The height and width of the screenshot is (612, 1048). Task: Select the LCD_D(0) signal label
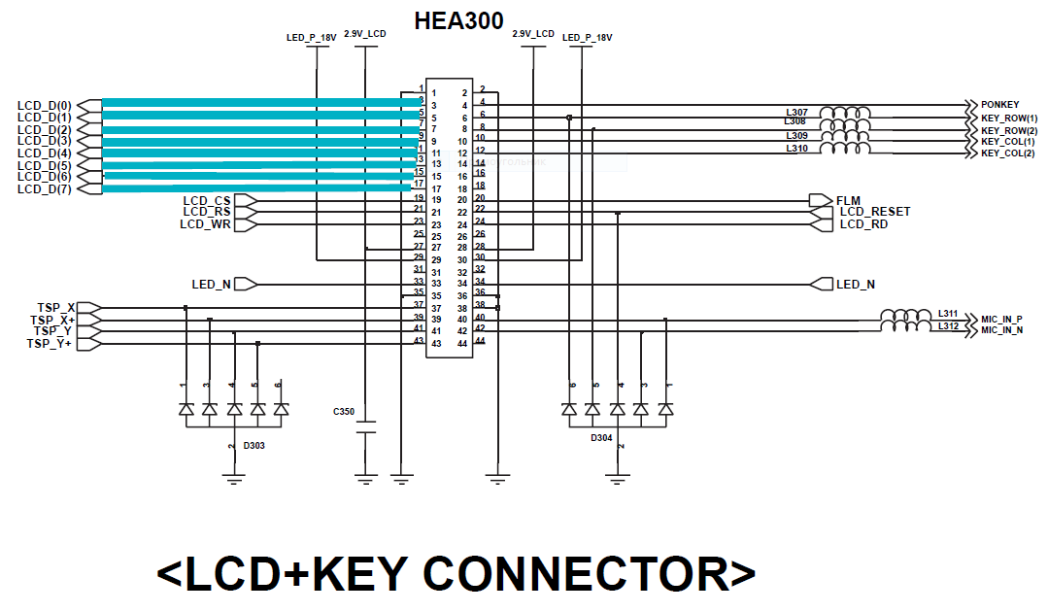(x=45, y=105)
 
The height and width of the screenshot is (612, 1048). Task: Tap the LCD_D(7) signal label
(x=45, y=188)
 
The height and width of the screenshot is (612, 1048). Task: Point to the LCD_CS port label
(x=207, y=201)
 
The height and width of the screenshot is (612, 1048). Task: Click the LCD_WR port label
(x=205, y=224)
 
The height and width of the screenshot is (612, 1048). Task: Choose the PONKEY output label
(x=999, y=105)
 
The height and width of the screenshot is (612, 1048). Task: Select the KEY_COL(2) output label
(x=1008, y=153)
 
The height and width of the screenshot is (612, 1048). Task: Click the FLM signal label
(x=848, y=201)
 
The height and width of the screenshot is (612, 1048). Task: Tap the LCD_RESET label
(x=875, y=212)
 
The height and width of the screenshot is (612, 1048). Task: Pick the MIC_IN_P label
(x=1001, y=319)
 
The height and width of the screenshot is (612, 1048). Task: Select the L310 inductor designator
(x=796, y=149)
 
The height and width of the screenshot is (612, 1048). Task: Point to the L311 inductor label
(x=948, y=314)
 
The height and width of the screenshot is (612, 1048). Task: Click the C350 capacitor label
(x=344, y=412)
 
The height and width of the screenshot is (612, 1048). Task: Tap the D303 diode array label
(x=254, y=446)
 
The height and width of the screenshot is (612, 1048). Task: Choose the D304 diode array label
(x=601, y=438)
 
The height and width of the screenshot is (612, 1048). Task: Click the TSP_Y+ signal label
(x=49, y=344)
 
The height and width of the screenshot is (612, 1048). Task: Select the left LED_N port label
(x=211, y=285)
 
